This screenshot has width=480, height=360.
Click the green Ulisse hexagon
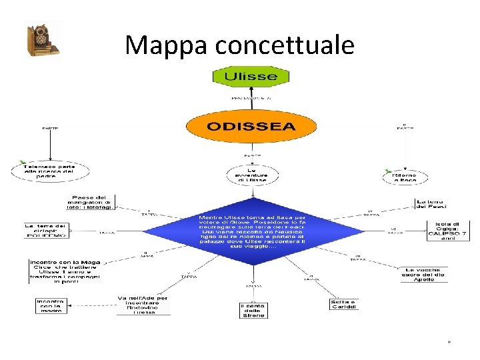pos(250,76)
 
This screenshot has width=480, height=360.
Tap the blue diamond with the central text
pos(253,231)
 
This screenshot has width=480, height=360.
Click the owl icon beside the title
pos(41,40)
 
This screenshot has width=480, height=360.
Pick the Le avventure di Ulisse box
pos(251,175)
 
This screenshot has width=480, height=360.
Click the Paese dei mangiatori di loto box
pos(92,201)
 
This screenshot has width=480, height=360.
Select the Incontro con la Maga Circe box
pos(65,271)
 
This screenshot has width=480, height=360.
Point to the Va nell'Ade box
pos(143,305)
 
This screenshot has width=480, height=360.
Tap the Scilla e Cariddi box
pos(343,305)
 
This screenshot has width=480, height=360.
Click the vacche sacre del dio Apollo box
pos(424,274)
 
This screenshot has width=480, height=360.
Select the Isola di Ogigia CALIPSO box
pos(447,231)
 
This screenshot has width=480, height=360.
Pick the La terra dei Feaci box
pos(432,203)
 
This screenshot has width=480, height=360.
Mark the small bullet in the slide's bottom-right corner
pos(449,342)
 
